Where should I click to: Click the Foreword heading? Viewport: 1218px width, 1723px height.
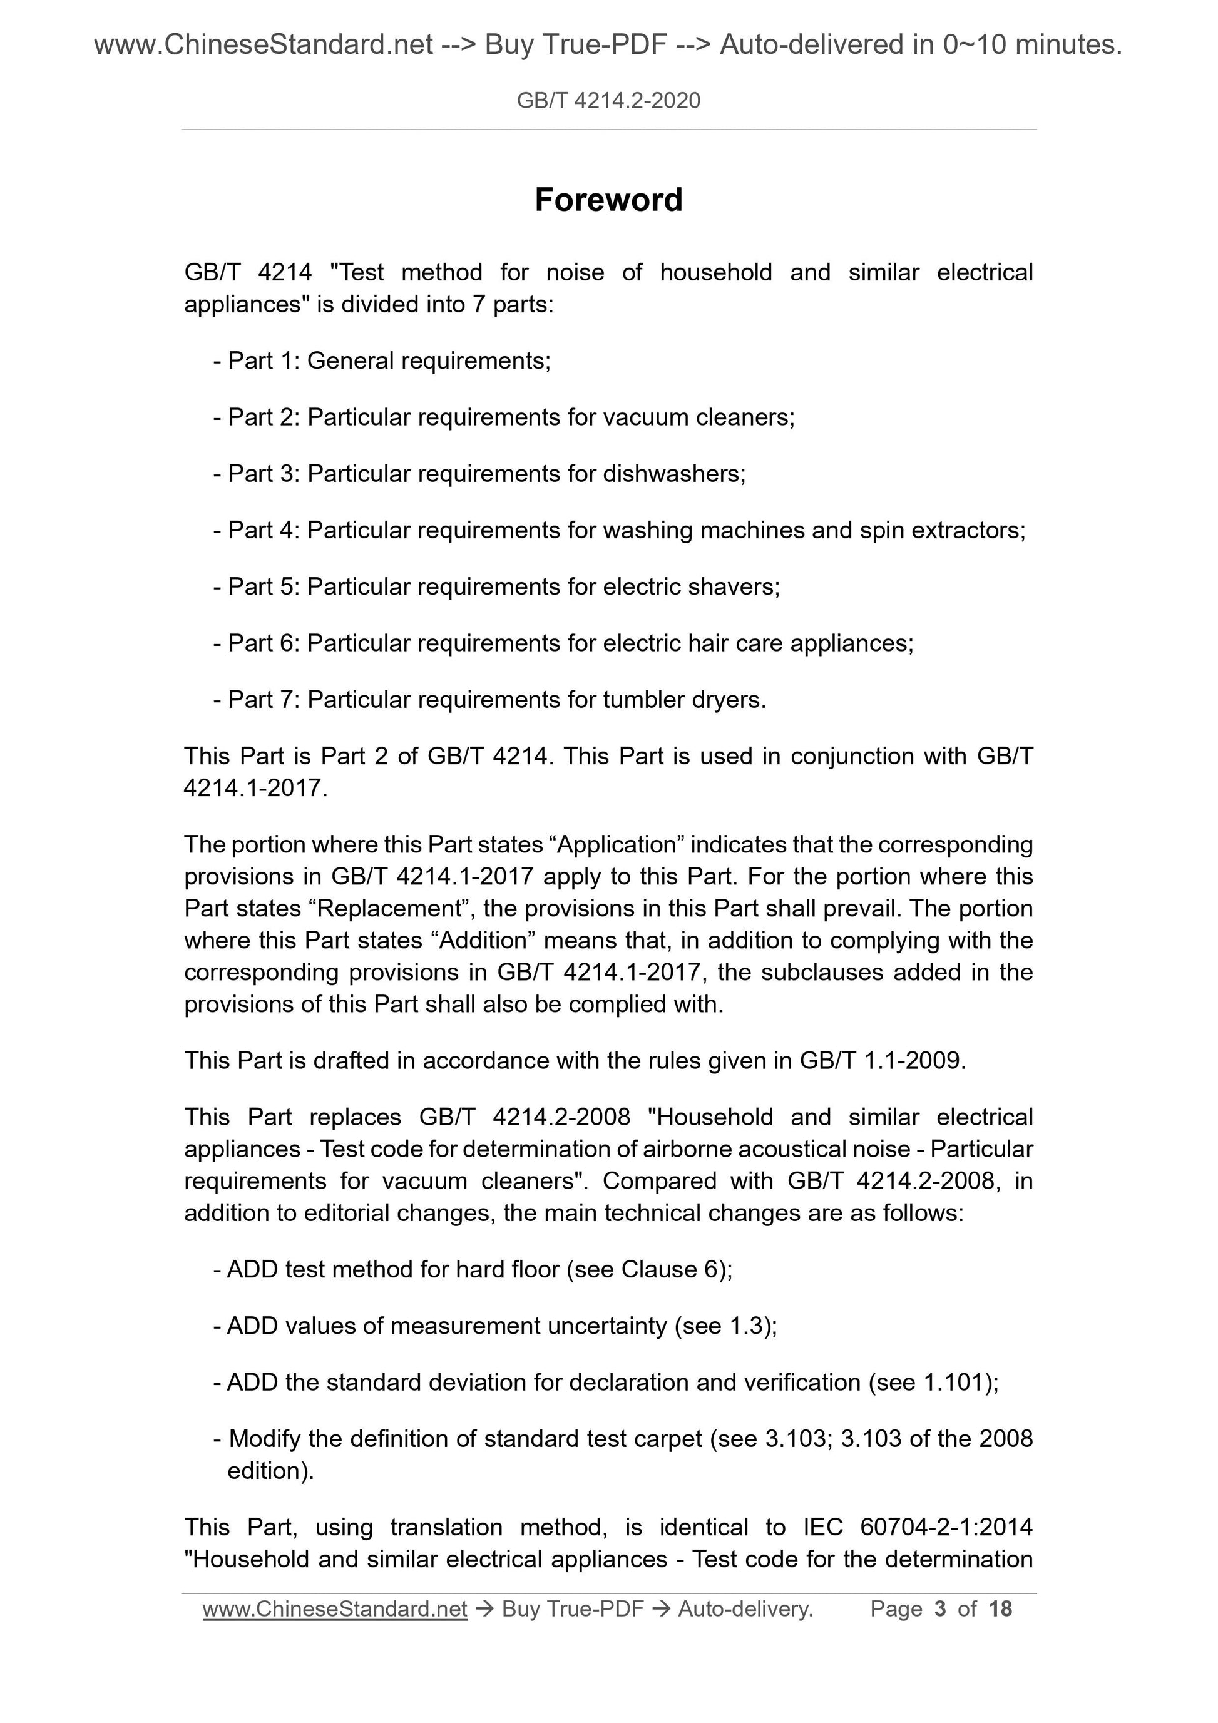(608, 200)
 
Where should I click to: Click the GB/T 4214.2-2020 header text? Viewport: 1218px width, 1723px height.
(608, 101)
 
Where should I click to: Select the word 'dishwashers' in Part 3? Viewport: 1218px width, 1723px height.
(673, 474)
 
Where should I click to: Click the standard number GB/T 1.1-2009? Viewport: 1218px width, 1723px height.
(882, 1060)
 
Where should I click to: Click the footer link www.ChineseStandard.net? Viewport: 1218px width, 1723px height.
(335, 1609)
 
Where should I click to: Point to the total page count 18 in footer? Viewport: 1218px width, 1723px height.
(1000, 1609)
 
